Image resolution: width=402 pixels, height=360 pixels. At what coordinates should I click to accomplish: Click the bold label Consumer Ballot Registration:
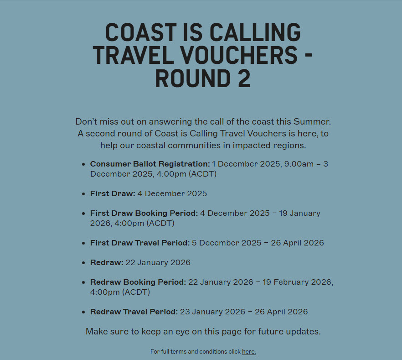150,164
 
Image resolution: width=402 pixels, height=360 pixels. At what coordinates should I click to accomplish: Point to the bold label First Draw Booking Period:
144,213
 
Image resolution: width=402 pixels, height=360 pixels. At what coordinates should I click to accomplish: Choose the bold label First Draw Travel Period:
140,243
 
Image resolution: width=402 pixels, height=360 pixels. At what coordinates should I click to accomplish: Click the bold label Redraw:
107,262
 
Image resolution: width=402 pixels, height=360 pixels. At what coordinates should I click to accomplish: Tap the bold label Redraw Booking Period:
138,282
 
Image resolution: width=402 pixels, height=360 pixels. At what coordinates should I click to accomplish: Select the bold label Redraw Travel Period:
134,312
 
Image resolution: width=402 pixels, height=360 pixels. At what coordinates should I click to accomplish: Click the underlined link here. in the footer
249,352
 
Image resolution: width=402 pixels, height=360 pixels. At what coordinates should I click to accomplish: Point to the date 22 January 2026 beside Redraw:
158,262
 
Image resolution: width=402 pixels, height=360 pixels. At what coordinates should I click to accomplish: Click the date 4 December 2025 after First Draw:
172,193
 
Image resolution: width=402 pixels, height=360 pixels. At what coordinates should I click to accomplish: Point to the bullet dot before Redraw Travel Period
83,312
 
